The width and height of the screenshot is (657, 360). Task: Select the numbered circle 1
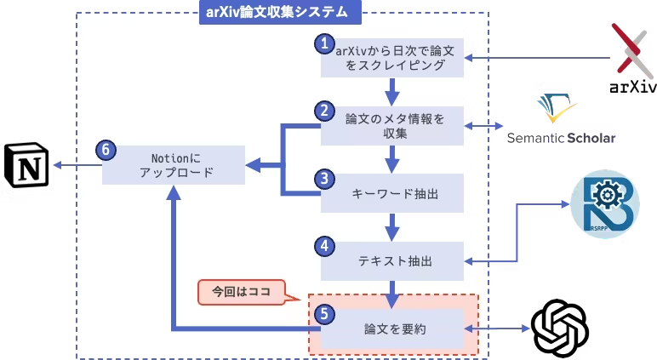click(323, 43)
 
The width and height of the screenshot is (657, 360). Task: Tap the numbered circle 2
click(323, 111)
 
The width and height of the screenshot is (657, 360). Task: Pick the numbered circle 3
click(323, 179)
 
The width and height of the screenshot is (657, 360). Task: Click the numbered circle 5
click(323, 313)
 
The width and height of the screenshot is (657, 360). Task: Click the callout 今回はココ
click(241, 292)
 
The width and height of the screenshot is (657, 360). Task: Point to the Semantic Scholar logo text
click(562, 137)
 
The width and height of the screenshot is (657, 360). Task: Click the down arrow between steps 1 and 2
click(392, 89)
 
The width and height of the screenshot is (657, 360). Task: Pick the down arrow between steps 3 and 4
click(392, 225)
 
